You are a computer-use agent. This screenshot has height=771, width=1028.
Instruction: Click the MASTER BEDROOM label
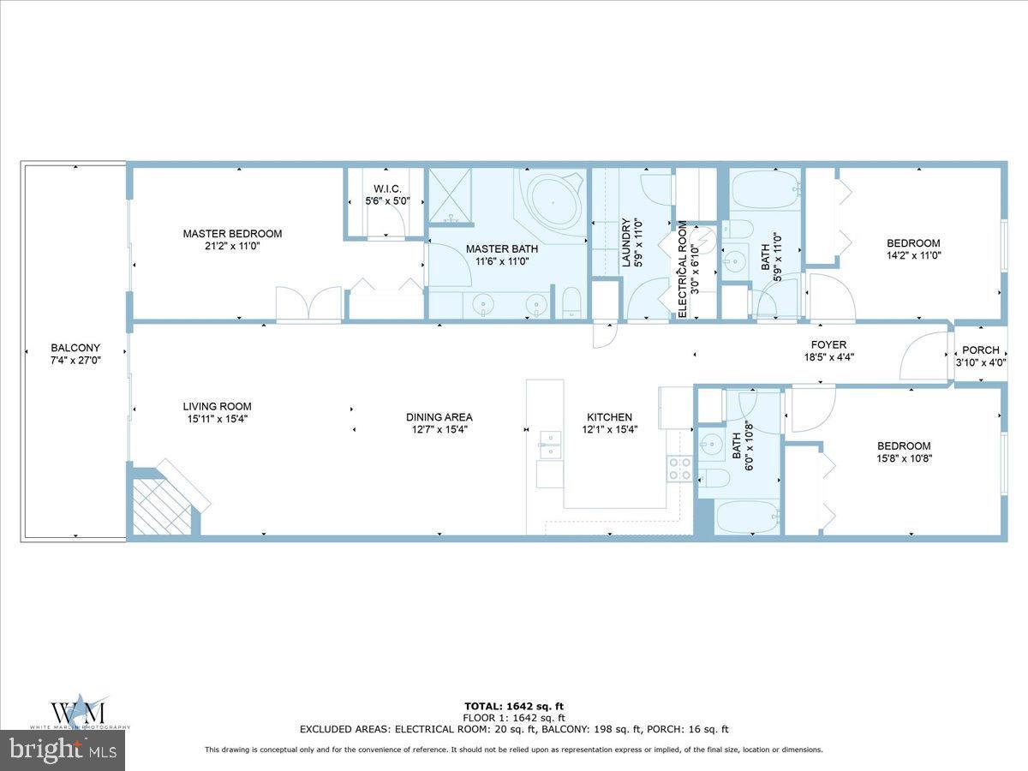pos(232,234)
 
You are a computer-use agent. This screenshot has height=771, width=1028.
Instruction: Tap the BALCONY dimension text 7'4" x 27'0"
pos(75,362)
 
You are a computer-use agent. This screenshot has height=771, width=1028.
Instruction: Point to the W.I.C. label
pos(387,188)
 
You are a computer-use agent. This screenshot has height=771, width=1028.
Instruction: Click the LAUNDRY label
pos(626,242)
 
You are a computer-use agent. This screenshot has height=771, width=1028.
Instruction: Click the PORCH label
pos(981,350)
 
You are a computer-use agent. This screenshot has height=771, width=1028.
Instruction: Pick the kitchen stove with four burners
pos(679,469)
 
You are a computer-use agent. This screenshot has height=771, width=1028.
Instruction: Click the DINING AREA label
pos(439,417)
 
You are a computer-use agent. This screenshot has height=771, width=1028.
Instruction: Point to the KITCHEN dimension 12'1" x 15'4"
pos(608,430)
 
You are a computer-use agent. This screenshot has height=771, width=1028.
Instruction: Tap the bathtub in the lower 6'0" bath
pos(747,517)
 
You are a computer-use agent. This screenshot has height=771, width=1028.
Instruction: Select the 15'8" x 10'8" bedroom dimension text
pos(904,458)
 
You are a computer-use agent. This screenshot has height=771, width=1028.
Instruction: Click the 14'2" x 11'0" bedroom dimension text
pos(913,255)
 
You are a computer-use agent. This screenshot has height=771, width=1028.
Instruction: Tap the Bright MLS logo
pos(63,750)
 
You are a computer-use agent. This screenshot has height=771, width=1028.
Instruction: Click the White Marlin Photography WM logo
pos(79,711)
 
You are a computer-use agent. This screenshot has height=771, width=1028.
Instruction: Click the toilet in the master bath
pos(571,304)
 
